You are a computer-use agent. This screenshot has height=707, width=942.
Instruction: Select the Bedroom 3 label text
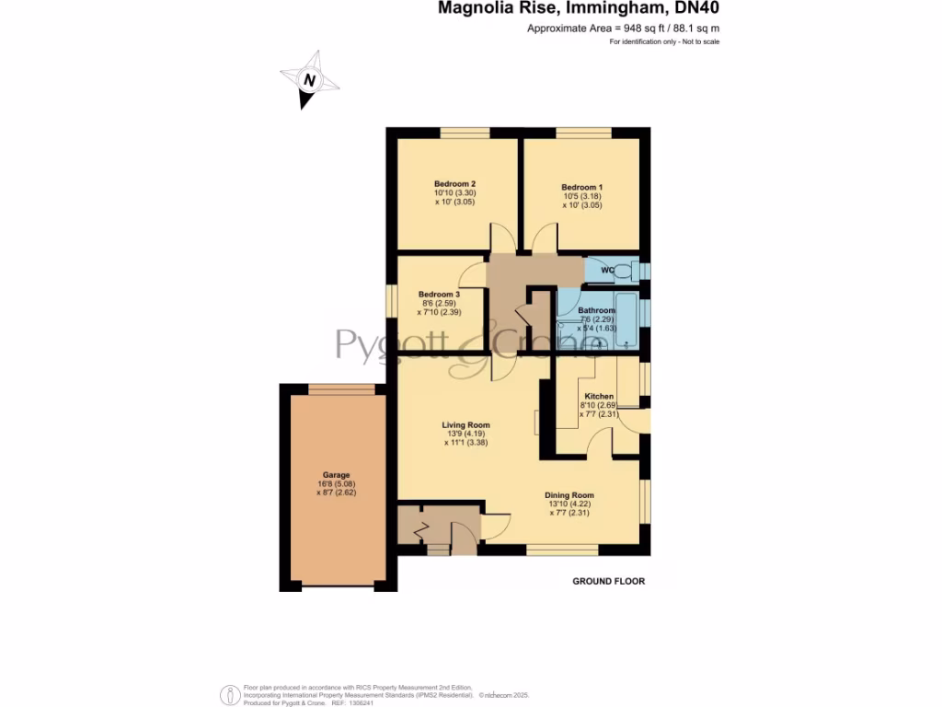click(x=438, y=295)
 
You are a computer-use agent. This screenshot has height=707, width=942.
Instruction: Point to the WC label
click(x=607, y=271)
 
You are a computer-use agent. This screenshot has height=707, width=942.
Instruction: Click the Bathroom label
click(x=596, y=311)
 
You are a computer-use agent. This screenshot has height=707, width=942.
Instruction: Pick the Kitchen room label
click(x=599, y=396)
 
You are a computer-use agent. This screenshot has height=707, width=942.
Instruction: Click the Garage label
click(x=336, y=475)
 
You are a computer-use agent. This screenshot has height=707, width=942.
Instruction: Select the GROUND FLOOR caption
click(x=608, y=582)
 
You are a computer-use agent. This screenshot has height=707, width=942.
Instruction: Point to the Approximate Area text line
click(x=623, y=29)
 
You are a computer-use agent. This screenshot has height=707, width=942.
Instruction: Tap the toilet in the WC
click(x=626, y=271)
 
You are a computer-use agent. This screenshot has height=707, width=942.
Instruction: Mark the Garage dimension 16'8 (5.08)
click(x=336, y=483)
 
